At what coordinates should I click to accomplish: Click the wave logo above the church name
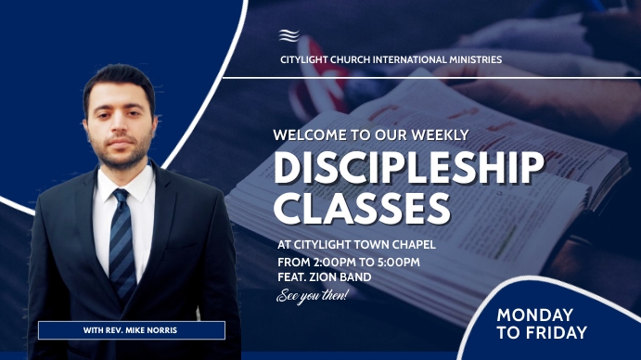point(290,36)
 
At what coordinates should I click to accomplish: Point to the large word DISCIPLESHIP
point(408,168)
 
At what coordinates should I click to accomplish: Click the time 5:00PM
point(397,262)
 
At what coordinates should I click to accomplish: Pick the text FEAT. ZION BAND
point(324,277)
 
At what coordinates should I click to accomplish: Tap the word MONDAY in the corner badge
point(534,315)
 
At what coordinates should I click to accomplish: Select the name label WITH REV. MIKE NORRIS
point(131,330)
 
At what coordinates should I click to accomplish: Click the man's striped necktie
point(122,241)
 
